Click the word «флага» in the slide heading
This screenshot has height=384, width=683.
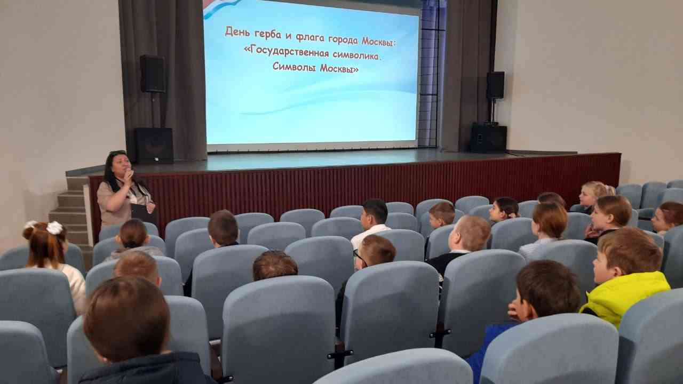310,37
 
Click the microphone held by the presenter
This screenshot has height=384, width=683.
130,173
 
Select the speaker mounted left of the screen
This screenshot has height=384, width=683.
153,74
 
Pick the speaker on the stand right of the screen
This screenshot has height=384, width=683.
495,85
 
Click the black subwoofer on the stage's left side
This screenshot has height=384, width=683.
154,146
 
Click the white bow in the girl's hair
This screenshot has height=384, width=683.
54,228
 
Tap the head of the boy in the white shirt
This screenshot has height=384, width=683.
374,213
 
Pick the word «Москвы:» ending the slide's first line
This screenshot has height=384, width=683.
379,42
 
